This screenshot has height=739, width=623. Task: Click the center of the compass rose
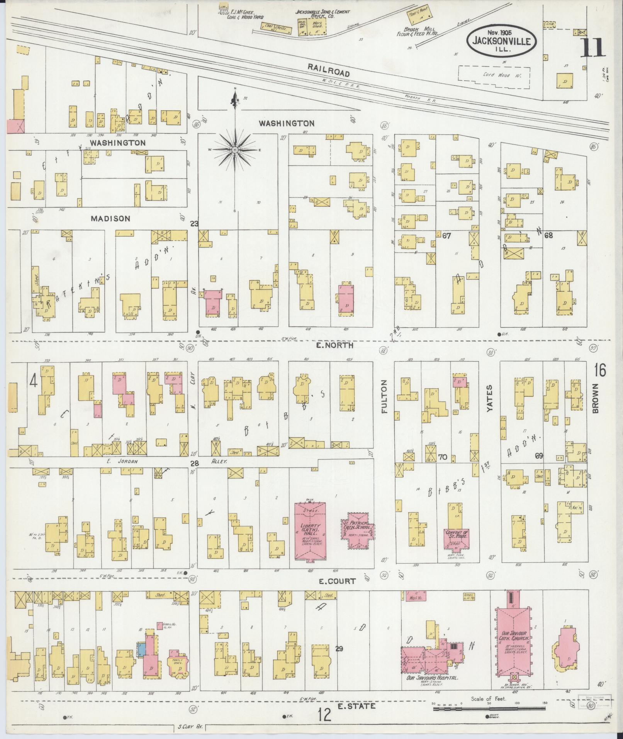coord(234,149)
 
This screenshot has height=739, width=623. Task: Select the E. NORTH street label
coord(334,345)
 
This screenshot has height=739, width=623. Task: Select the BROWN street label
coord(595,398)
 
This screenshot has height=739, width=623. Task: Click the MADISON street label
coord(110,219)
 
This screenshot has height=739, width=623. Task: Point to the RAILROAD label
coord(329,70)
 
